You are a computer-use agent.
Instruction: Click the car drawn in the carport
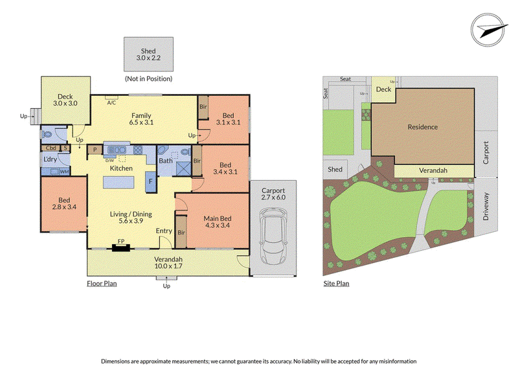[273, 236]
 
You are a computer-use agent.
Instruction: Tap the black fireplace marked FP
[121, 247]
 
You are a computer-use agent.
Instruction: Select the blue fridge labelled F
[151, 181]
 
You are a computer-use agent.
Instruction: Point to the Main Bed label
[217, 218]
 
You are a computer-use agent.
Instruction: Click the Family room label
[141, 115]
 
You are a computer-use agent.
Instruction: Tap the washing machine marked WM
[64, 172]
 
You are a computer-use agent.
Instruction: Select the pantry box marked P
[95, 150]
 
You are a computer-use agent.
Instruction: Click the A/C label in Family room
[111, 103]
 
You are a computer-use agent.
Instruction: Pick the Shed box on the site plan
[335, 169]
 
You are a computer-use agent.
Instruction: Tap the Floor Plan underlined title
[102, 283]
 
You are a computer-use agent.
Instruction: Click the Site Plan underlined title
[336, 283]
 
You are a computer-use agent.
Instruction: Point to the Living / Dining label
[131, 214]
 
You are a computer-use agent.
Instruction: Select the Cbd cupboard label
[51, 148]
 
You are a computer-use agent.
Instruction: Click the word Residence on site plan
[423, 127]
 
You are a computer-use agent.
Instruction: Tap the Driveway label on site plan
[486, 207]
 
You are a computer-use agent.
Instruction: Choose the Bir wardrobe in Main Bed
[181, 232]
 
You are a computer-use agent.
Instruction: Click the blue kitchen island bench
[118, 182]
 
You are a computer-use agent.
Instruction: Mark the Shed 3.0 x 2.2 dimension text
[148, 58]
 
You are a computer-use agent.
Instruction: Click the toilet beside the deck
[47, 135]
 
